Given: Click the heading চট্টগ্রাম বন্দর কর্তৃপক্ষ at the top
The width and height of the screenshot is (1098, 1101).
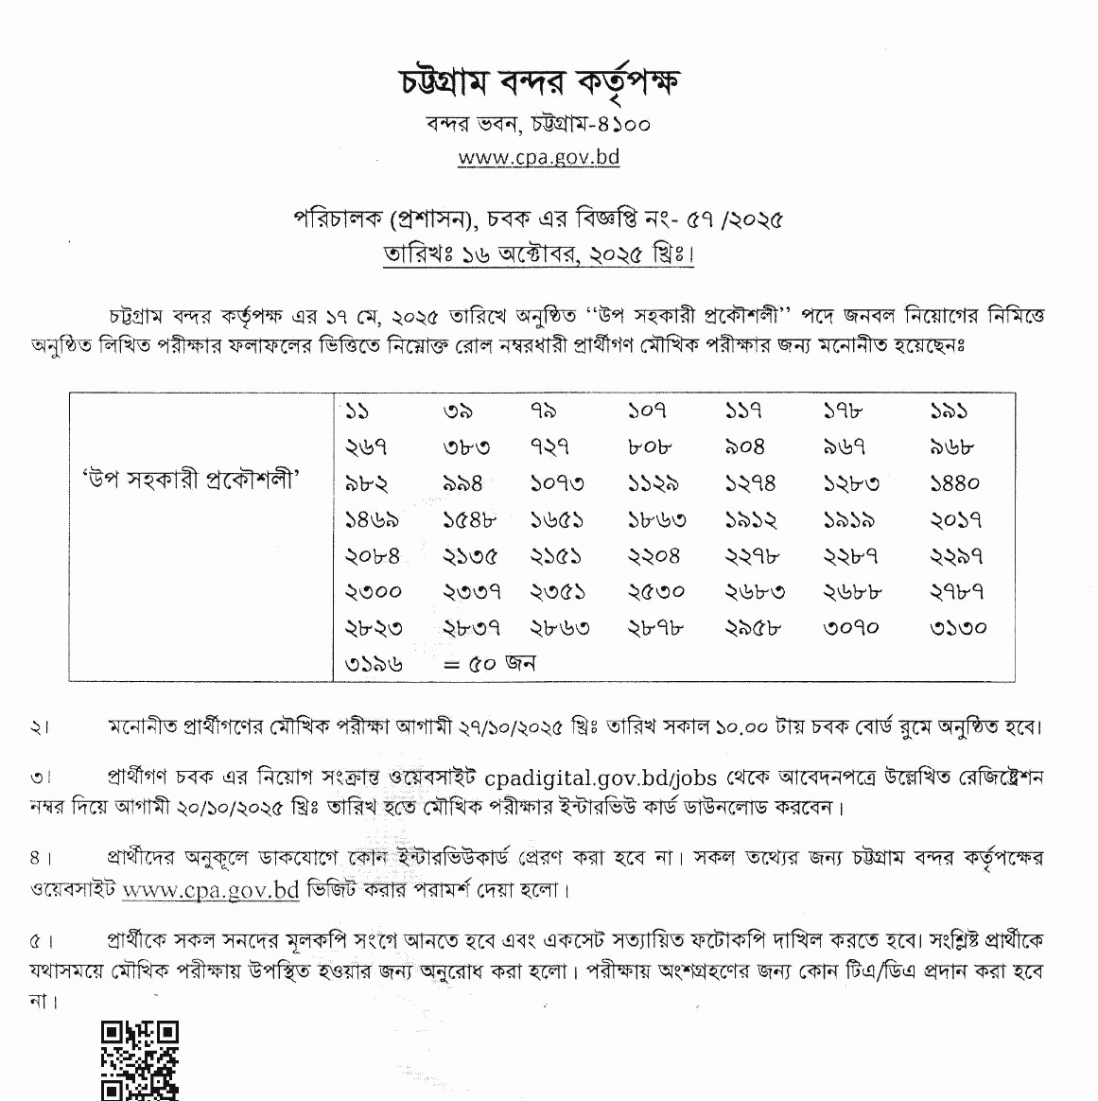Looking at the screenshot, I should tap(538, 84).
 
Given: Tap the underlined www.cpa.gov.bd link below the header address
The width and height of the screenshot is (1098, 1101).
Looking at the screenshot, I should tap(538, 156).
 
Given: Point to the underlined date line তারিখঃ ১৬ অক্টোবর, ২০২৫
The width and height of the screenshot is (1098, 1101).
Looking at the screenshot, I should tap(538, 255).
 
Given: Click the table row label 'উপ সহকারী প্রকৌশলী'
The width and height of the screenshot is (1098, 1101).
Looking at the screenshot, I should tap(189, 480).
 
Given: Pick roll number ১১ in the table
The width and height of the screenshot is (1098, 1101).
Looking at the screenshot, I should tap(357, 411).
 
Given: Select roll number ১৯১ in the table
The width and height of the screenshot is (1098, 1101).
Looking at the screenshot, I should tap(949, 411).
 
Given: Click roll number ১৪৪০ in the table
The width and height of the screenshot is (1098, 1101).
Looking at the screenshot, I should tap(954, 483).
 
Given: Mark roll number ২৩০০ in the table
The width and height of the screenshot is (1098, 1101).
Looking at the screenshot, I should tap(373, 592).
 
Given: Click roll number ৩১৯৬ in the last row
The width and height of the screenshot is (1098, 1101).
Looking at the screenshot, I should tap(373, 664).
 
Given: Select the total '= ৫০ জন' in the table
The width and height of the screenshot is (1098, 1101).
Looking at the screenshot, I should tap(489, 664).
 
